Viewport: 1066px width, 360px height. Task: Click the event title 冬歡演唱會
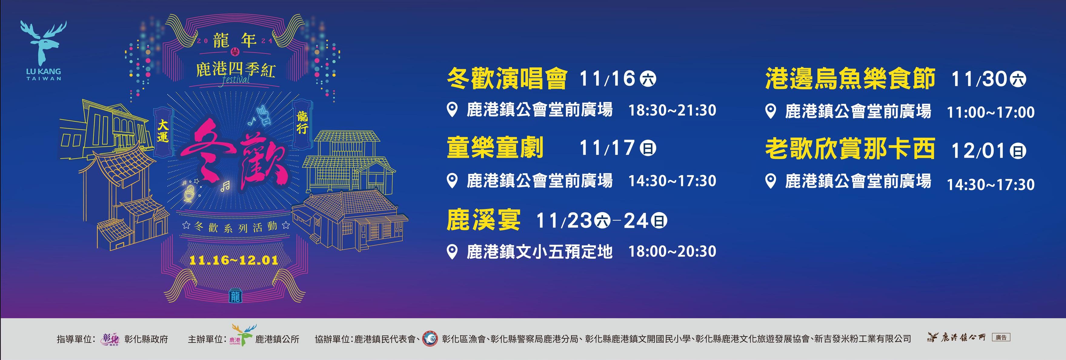pos(507,78)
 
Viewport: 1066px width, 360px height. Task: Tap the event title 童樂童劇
pos(495,148)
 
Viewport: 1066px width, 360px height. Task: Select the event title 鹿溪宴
pos(483,220)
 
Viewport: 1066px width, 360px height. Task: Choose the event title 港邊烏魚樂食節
pos(850,78)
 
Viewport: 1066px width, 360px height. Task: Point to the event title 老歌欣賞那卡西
pos(850,149)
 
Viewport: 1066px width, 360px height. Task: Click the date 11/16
pos(607,78)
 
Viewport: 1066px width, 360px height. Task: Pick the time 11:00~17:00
pos(991,112)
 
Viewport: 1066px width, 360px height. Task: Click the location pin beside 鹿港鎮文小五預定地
pos(453,252)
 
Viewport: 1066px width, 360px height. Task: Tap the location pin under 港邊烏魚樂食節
pos(771,111)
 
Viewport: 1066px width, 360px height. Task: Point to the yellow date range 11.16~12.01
pos(233,260)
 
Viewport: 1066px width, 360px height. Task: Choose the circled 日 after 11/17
pos(648,148)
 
